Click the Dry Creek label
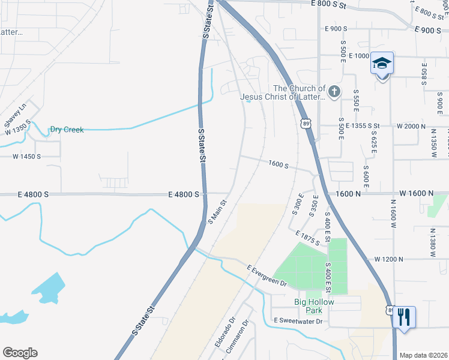pos(66,129)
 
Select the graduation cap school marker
pos(382,63)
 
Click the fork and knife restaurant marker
pos(403,316)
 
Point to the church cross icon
pos(334,92)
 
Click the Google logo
pos(20,352)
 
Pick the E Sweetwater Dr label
pos(298,321)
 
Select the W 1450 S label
pos(26,157)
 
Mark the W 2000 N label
pos(411,127)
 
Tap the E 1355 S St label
pos(358,126)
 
